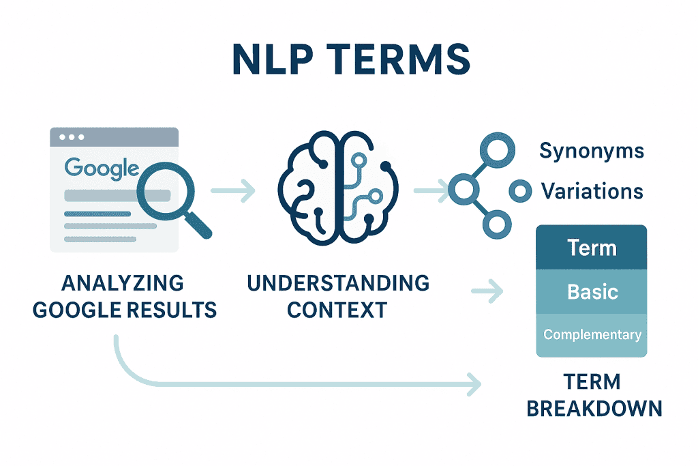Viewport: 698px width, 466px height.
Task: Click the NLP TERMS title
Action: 351,59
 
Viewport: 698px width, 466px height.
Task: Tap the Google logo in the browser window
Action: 102,169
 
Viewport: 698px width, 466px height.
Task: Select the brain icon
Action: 338,188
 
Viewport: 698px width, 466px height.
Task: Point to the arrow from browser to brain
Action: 233,190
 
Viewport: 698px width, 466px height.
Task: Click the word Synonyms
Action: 592,151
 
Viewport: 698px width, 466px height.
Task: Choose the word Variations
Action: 592,191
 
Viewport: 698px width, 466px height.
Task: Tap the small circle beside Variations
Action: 520,191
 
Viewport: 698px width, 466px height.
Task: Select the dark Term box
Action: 591,247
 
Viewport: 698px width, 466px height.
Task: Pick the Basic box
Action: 591,292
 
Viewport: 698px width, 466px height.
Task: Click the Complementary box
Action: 591,335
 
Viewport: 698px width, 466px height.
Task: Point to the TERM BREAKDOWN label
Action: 594,395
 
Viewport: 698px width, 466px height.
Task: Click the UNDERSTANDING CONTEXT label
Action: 338,296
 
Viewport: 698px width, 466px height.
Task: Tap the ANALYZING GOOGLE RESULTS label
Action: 124,296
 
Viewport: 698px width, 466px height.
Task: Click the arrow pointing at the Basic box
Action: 487,291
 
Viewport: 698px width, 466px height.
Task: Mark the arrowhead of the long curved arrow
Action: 474,384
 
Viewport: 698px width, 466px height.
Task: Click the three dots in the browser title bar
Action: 72,137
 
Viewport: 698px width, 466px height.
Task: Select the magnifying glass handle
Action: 198,225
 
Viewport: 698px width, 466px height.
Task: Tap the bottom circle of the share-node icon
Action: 497,224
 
